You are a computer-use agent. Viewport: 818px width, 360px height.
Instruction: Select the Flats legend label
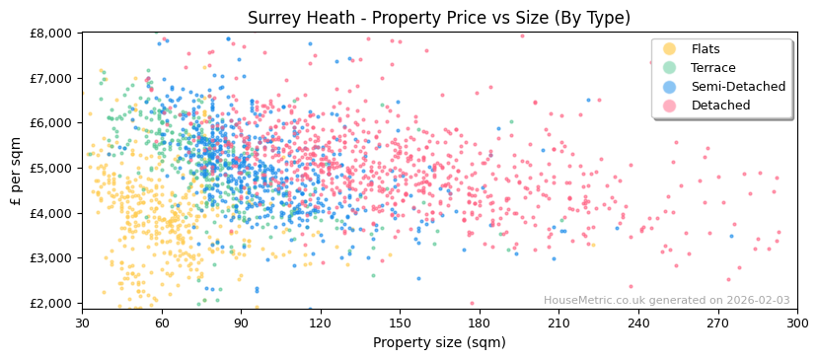coord(706,49)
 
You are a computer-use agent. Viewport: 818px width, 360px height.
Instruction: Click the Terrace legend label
coord(711,68)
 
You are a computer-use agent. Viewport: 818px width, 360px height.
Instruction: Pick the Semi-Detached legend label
coord(738,87)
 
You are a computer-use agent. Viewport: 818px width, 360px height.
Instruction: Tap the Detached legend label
coord(720,106)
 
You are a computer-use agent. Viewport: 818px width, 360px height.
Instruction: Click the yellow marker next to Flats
coord(670,49)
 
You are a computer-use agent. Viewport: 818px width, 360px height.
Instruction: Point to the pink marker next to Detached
coord(670,106)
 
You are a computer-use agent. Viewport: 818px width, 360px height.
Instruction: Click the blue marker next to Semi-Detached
coord(670,87)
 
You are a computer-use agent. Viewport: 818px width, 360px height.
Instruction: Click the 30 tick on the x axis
coord(82,323)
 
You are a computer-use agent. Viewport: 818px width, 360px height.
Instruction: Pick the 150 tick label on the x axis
coord(400,323)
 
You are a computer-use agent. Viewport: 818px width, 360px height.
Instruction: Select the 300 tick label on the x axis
coord(796,323)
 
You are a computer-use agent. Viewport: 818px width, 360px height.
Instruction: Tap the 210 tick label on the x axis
coord(558,323)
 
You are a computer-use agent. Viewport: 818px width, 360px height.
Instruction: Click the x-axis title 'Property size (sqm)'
coord(438,342)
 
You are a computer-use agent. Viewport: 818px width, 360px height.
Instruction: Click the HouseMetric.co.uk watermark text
coord(667,301)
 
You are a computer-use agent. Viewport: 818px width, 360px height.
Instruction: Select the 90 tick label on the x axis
coord(241,323)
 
